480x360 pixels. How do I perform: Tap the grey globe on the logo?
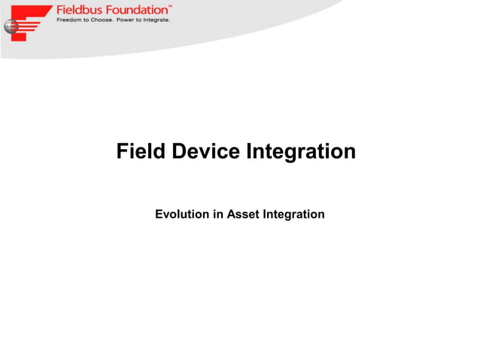(x=11, y=27)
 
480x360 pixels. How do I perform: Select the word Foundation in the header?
(x=135, y=10)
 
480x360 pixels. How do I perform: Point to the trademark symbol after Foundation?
(x=170, y=6)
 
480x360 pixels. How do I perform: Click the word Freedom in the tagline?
(x=69, y=20)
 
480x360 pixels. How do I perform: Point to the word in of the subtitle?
(x=217, y=215)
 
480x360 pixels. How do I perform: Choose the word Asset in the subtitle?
(x=242, y=215)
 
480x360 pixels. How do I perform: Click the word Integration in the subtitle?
(x=293, y=215)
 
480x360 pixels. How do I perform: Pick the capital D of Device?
(x=179, y=151)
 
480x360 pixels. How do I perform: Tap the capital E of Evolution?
(x=159, y=215)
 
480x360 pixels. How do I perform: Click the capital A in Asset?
(x=231, y=215)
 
